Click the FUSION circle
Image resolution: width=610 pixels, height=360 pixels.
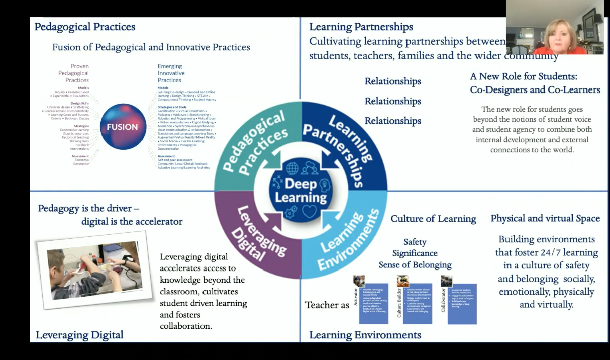pos(123,127)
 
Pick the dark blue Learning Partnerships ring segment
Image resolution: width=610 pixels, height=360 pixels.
pos(347,146)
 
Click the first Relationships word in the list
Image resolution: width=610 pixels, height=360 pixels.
pos(392,81)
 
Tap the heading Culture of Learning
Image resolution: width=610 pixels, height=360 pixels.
pos(433,219)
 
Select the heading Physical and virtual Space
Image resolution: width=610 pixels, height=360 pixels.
pos(545,218)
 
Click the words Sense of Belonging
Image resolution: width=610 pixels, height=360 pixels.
pos(415,264)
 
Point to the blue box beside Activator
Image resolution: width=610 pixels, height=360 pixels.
pos(374,304)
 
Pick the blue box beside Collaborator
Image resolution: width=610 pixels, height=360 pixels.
pos(461,304)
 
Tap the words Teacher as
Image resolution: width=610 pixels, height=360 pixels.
pos(327,305)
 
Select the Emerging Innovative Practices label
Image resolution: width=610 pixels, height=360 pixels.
pos(171,73)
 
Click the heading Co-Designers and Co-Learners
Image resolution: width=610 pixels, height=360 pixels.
pos(535,90)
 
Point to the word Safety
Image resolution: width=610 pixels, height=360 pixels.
pos(415,242)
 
